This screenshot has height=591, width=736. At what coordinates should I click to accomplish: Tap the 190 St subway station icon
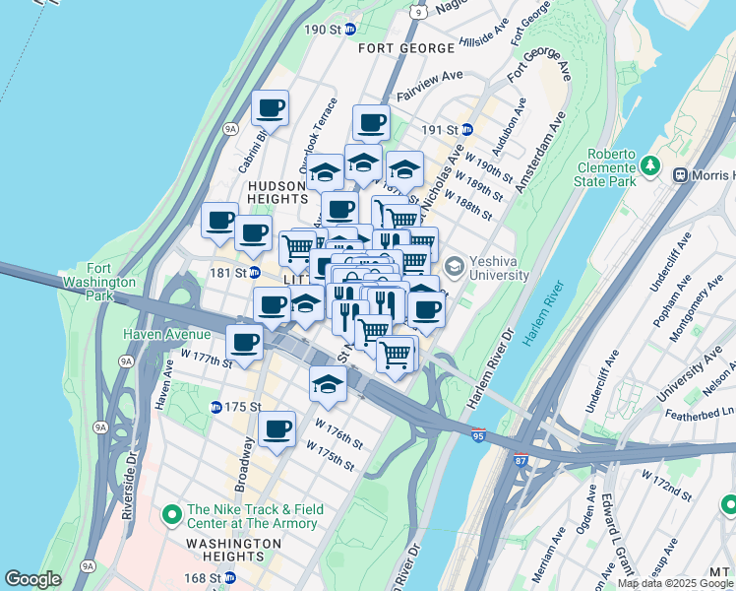349,30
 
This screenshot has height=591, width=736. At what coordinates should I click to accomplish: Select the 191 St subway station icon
467,129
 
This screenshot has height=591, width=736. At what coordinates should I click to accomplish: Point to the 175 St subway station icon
215,407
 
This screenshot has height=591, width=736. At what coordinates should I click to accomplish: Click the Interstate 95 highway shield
478,435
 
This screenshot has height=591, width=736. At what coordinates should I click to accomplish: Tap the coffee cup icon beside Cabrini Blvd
270,107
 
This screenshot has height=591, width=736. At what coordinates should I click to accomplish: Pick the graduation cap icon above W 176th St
328,385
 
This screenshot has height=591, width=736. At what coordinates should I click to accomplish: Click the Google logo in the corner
33,579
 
